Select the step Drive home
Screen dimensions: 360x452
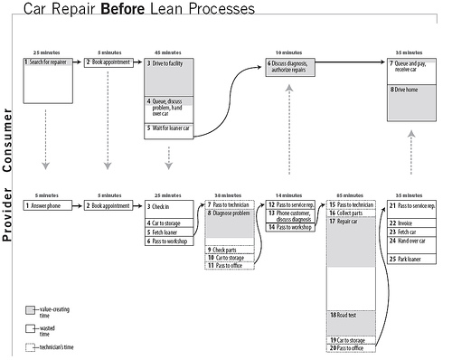pos(409,90)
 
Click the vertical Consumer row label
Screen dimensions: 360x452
pos(8,140)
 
